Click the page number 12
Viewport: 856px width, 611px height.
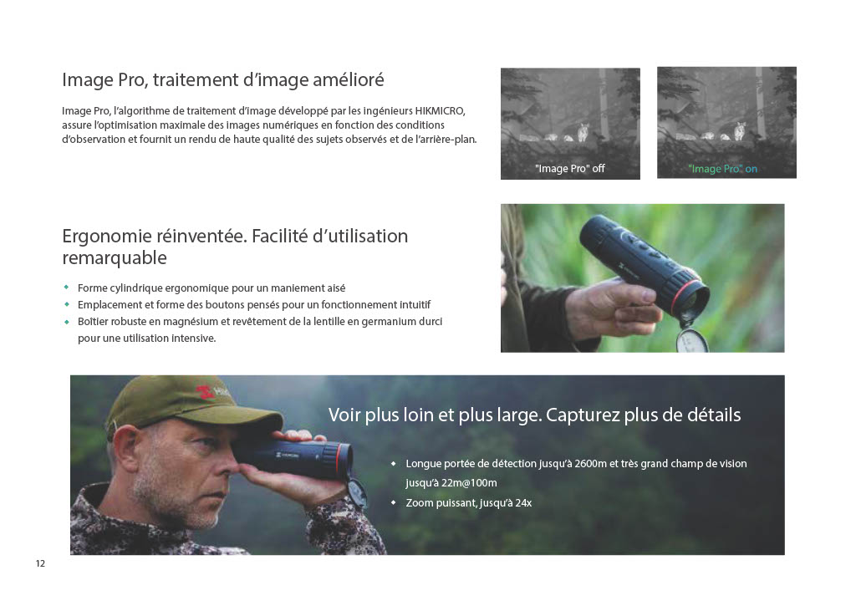(x=40, y=563)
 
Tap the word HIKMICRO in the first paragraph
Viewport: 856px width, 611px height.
(x=440, y=111)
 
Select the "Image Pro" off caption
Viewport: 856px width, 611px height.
(x=570, y=169)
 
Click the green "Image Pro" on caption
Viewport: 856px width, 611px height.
(x=722, y=169)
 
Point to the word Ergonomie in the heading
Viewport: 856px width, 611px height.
(x=106, y=237)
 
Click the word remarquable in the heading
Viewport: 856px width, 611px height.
(x=115, y=257)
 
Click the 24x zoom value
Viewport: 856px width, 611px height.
(x=523, y=503)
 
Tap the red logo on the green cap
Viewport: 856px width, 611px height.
(x=206, y=391)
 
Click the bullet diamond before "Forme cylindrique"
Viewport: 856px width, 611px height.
(x=67, y=288)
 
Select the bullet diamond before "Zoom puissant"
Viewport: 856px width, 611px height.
(x=393, y=502)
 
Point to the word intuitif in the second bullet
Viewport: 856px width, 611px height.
(x=415, y=305)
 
